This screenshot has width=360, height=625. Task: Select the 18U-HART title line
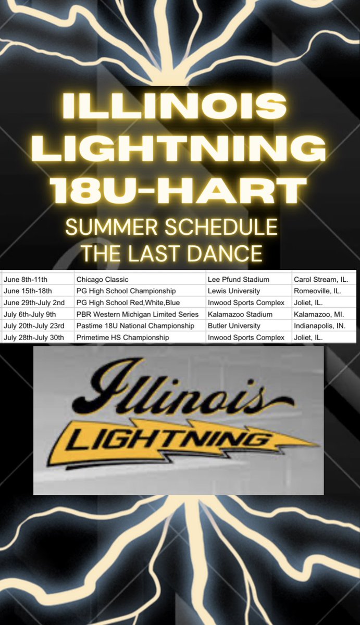pos(180,191)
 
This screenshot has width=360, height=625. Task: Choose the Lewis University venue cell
pos(231,291)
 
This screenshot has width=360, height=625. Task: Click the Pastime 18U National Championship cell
pos(134,326)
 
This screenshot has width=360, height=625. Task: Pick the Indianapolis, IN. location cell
pos(321,326)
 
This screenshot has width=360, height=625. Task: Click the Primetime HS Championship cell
pos(122,337)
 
